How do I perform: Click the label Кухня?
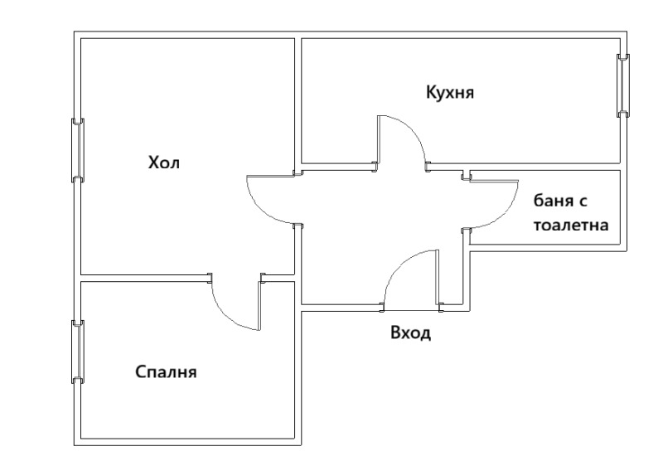pos(450,91)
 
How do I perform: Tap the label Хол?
pos(163,163)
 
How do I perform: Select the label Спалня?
pos(166,371)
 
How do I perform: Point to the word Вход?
pos(411,334)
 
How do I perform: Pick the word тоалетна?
pos(571,226)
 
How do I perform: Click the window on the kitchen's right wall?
pos(622,85)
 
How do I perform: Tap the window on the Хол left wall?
pos(78,150)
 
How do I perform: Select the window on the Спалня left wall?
pos(78,352)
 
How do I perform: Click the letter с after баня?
pos(593,202)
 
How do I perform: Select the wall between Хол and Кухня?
pos(298,99)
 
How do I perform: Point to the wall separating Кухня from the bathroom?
pos(543,167)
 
